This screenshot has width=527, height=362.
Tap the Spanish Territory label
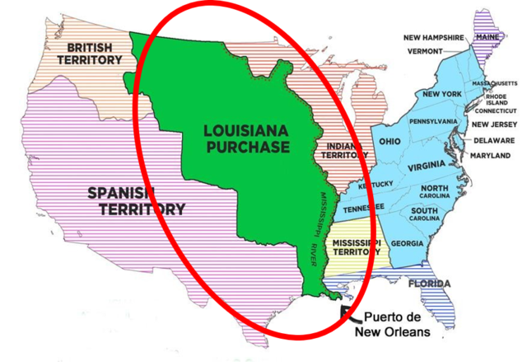(136, 201)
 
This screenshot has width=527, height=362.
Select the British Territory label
(90, 54)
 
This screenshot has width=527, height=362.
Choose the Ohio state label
(389, 141)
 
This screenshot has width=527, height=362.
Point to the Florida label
(429, 285)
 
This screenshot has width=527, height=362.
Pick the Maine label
(487, 36)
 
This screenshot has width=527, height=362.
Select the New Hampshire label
(436, 37)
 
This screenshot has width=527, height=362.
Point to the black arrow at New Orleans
(346, 312)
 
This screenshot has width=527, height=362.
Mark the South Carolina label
(431, 216)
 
